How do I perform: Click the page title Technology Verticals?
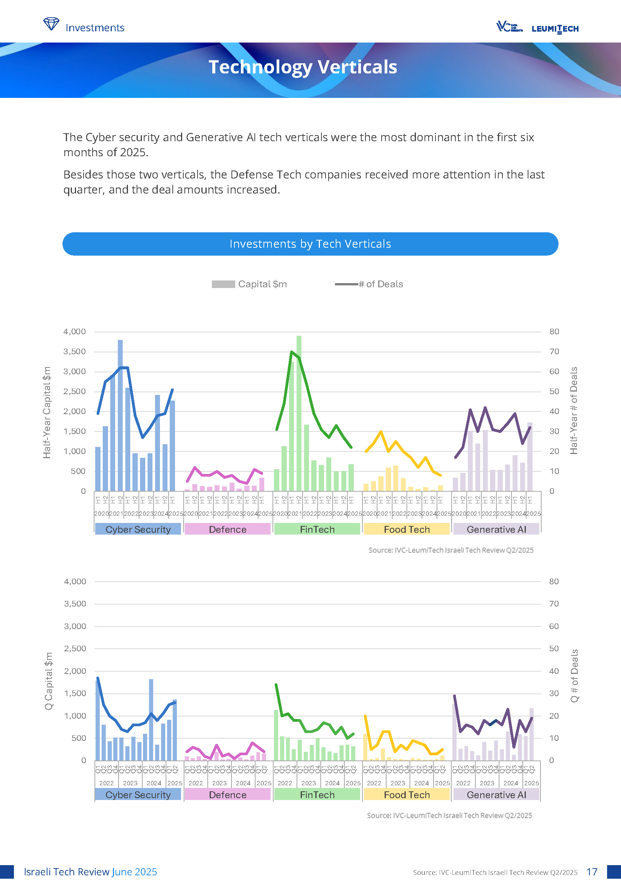[x=303, y=67]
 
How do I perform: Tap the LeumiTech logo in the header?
[x=555, y=29]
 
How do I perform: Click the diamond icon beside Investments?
[x=51, y=24]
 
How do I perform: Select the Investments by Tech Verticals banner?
[x=310, y=244]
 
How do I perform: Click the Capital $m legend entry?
[x=249, y=284]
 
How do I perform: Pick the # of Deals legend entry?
[x=368, y=284]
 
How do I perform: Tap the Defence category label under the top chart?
[x=227, y=529]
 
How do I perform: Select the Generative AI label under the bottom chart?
[x=496, y=795]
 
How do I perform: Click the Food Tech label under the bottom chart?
[x=407, y=795]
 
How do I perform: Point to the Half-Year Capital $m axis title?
[x=47, y=412]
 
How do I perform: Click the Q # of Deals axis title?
[x=574, y=675]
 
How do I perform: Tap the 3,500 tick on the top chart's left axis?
[x=75, y=352]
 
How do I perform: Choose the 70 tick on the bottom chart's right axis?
[x=554, y=603]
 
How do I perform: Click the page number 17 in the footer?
[x=592, y=872]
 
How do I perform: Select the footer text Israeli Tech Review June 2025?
[x=90, y=872]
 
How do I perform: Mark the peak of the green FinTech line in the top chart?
[x=291, y=352]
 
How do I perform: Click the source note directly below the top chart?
[x=451, y=550]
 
